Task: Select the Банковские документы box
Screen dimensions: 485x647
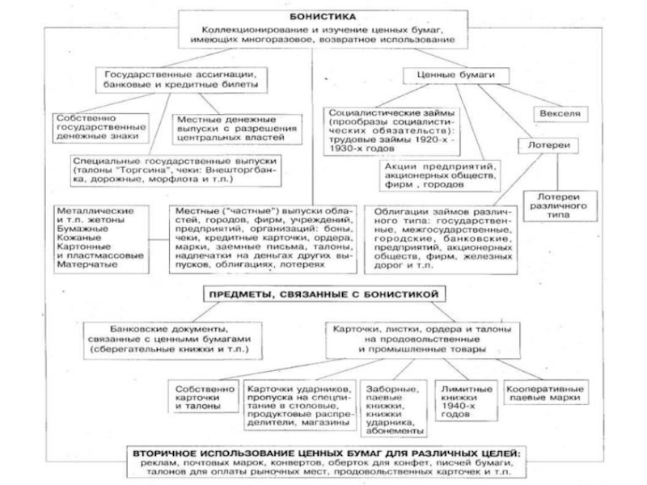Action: coord(171,341)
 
